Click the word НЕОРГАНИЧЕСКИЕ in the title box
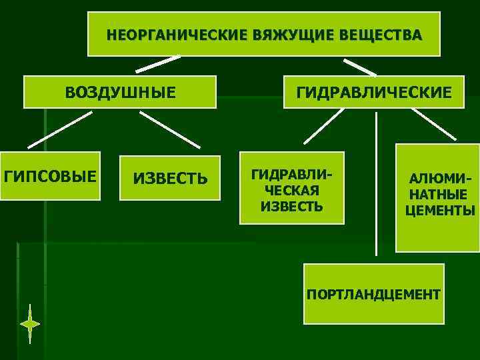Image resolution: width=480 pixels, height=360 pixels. pyautogui.click(x=176, y=35)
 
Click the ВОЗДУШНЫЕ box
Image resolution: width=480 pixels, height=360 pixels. pyautogui.click(x=120, y=92)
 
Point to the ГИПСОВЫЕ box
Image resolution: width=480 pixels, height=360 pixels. pyautogui.click(x=50, y=178)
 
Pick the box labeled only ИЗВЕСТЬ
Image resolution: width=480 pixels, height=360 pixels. pyautogui.click(x=169, y=179)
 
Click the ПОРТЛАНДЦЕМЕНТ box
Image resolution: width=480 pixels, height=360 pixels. pyautogui.click(x=373, y=294)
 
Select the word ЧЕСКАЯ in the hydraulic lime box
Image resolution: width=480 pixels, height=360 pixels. pyautogui.click(x=292, y=191)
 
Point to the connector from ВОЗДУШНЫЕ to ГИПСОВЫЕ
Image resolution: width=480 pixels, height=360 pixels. pyautogui.click(x=60, y=129)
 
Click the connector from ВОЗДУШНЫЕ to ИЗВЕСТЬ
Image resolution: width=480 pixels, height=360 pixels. pyautogui.click(x=169, y=129)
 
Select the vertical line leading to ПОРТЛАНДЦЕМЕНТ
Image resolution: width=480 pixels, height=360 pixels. pyautogui.click(x=377, y=183)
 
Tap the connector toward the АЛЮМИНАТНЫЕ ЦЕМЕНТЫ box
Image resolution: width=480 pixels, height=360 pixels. pyautogui.click(x=433, y=125)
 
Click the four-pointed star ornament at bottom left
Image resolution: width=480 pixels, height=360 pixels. pyautogui.click(x=30, y=324)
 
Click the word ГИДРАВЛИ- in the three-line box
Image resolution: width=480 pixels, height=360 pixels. pyautogui.click(x=291, y=175)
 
